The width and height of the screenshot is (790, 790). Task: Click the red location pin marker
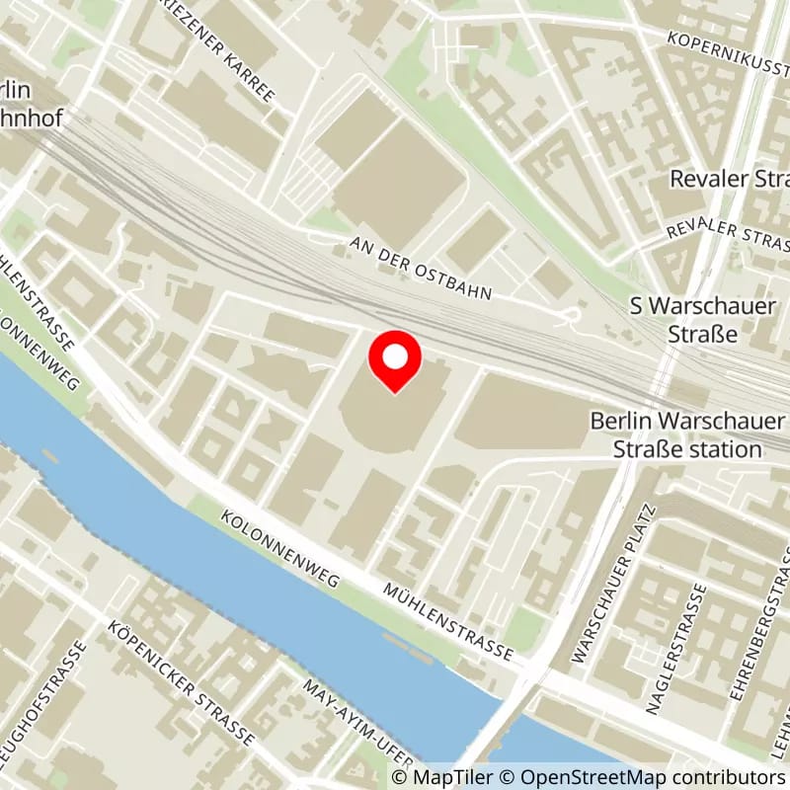point(395,361)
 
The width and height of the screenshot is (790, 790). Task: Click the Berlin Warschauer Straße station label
point(688,435)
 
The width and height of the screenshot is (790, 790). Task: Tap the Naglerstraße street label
point(676,647)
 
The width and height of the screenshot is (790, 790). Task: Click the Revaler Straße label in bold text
point(729,179)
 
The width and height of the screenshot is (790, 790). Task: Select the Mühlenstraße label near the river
point(450,619)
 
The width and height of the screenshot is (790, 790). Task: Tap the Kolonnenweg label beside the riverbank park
point(280,549)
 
